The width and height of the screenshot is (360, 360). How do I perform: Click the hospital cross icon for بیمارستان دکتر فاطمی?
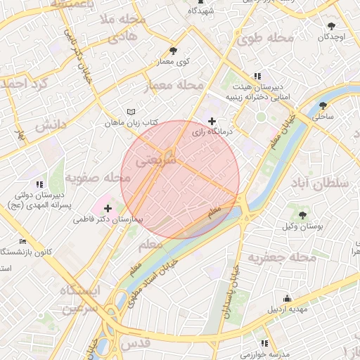[x=108, y=207]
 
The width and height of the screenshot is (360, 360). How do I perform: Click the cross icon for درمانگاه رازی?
[x=212, y=122]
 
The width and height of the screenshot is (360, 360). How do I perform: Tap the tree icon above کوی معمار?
[x=174, y=51]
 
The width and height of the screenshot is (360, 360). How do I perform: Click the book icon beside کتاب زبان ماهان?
[x=131, y=112]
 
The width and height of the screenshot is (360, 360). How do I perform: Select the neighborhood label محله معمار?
[x=173, y=86]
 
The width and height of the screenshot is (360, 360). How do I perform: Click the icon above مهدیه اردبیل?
[x=286, y=299]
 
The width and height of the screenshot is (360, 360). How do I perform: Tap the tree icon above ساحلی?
[x=322, y=105]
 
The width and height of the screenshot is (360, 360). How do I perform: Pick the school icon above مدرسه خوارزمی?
[x=264, y=343]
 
